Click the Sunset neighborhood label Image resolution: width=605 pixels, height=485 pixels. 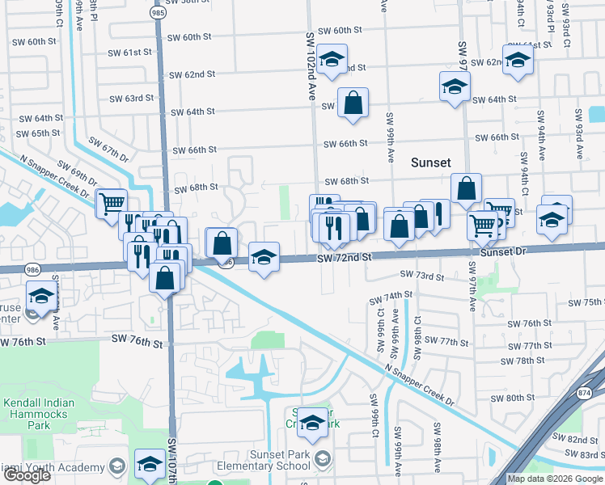click(x=430, y=162)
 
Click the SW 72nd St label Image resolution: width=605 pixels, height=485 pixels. click(x=344, y=257)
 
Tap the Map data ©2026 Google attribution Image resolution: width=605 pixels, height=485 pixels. click(x=555, y=479)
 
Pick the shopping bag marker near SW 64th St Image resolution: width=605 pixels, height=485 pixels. click(x=353, y=103)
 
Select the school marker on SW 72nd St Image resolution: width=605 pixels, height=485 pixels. click(x=264, y=257)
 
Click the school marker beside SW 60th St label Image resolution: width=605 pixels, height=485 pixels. click(x=331, y=60)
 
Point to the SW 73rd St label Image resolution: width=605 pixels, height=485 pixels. click(x=427, y=277)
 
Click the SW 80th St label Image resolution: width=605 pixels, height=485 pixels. click(x=514, y=398)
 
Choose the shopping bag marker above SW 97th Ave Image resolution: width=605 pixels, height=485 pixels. click(x=466, y=189)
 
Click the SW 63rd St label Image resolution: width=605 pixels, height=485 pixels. click(x=131, y=99)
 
